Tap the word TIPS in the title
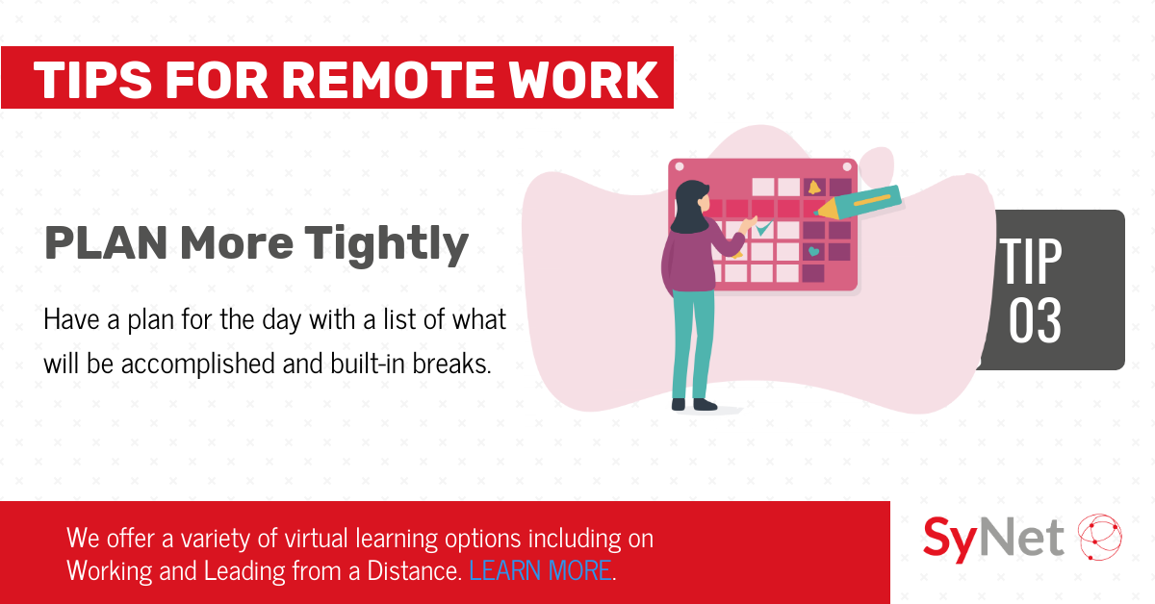click(92, 80)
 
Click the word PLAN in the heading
click(106, 242)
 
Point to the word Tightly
click(387, 245)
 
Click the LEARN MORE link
click(540, 570)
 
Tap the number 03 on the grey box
click(1035, 320)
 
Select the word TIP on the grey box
click(1031, 261)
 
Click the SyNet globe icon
click(1099, 537)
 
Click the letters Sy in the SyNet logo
click(949, 539)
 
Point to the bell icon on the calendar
click(814, 188)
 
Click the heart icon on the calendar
click(813, 251)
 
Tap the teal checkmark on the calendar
click(763, 228)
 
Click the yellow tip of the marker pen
click(824, 212)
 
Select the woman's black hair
click(688, 207)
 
